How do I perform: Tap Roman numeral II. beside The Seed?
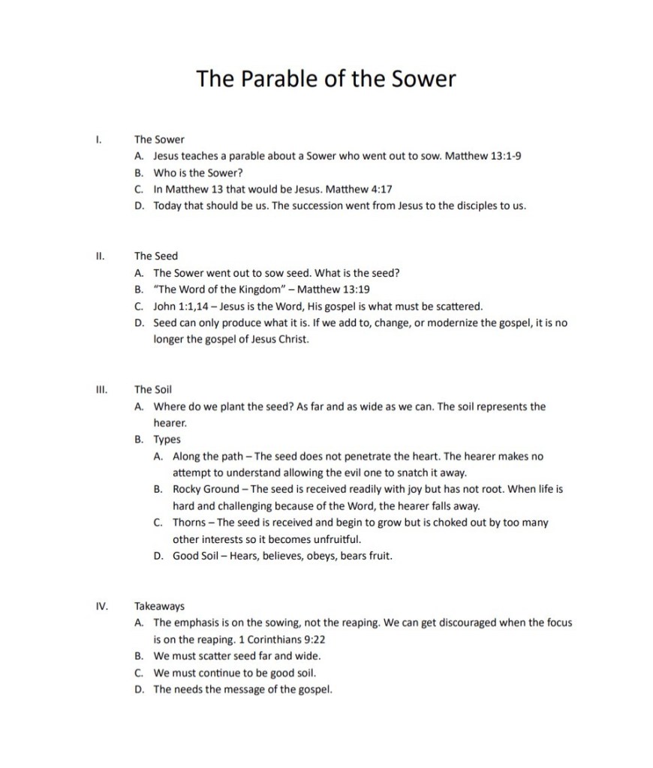[x=100, y=256]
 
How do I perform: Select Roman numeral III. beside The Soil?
[x=101, y=389]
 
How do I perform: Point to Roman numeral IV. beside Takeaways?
[x=101, y=606]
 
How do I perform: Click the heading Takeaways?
[x=159, y=606]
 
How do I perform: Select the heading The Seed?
[x=156, y=256]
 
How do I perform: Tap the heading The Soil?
[x=153, y=389]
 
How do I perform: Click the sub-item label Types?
[x=167, y=439]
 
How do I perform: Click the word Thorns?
[x=190, y=523]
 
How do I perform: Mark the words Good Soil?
[x=197, y=556]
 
